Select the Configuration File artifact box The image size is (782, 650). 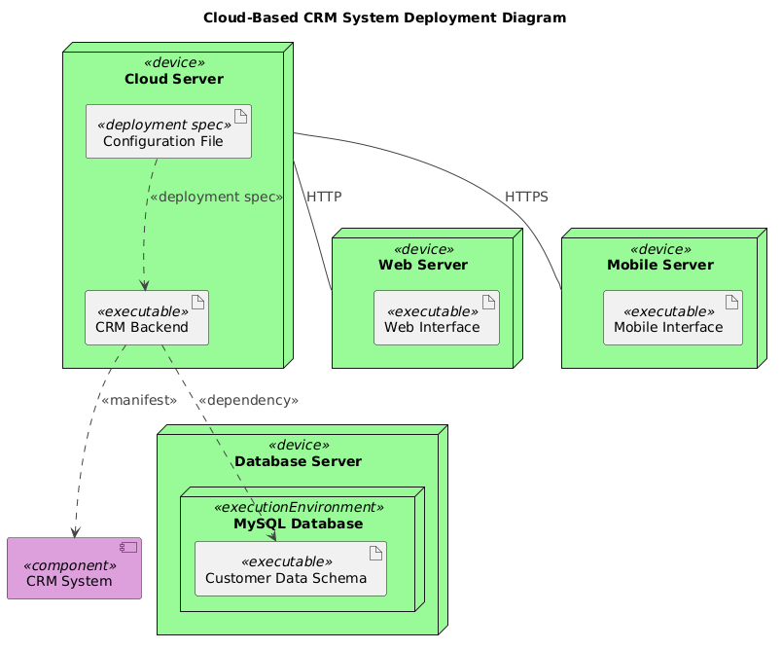click(168, 131)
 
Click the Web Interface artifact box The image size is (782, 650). click(436, 318)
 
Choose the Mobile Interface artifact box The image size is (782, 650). click(672, 318)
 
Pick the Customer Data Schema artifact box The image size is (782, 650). click(291, 568)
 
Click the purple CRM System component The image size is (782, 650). click(74, 568)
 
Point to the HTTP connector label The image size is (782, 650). click(323, 197)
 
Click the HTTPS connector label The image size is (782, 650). click(526, 197)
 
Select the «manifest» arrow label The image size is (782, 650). click(138, 400)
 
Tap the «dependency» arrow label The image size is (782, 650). click(247, 400)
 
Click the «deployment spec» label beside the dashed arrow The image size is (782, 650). click(216, 197)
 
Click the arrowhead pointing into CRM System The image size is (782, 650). click(73, 531)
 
